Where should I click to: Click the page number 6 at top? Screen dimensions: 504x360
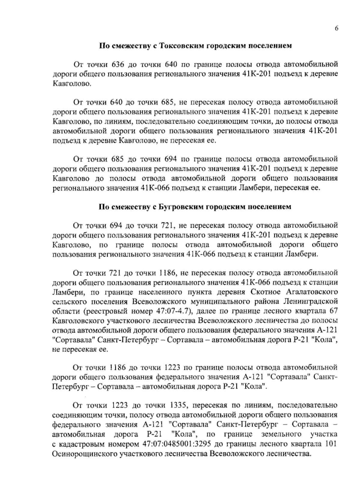(x=336, y=28)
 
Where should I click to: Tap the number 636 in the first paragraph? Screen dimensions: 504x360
(x=118, y=65)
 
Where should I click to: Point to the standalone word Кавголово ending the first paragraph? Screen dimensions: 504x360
(x=71, y=84)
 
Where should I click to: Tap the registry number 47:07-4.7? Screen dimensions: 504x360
(x=174, y=311)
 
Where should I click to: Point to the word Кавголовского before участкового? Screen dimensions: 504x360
(x=78, y=320)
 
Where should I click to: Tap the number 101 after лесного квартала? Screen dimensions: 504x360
(x=331, y=444)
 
